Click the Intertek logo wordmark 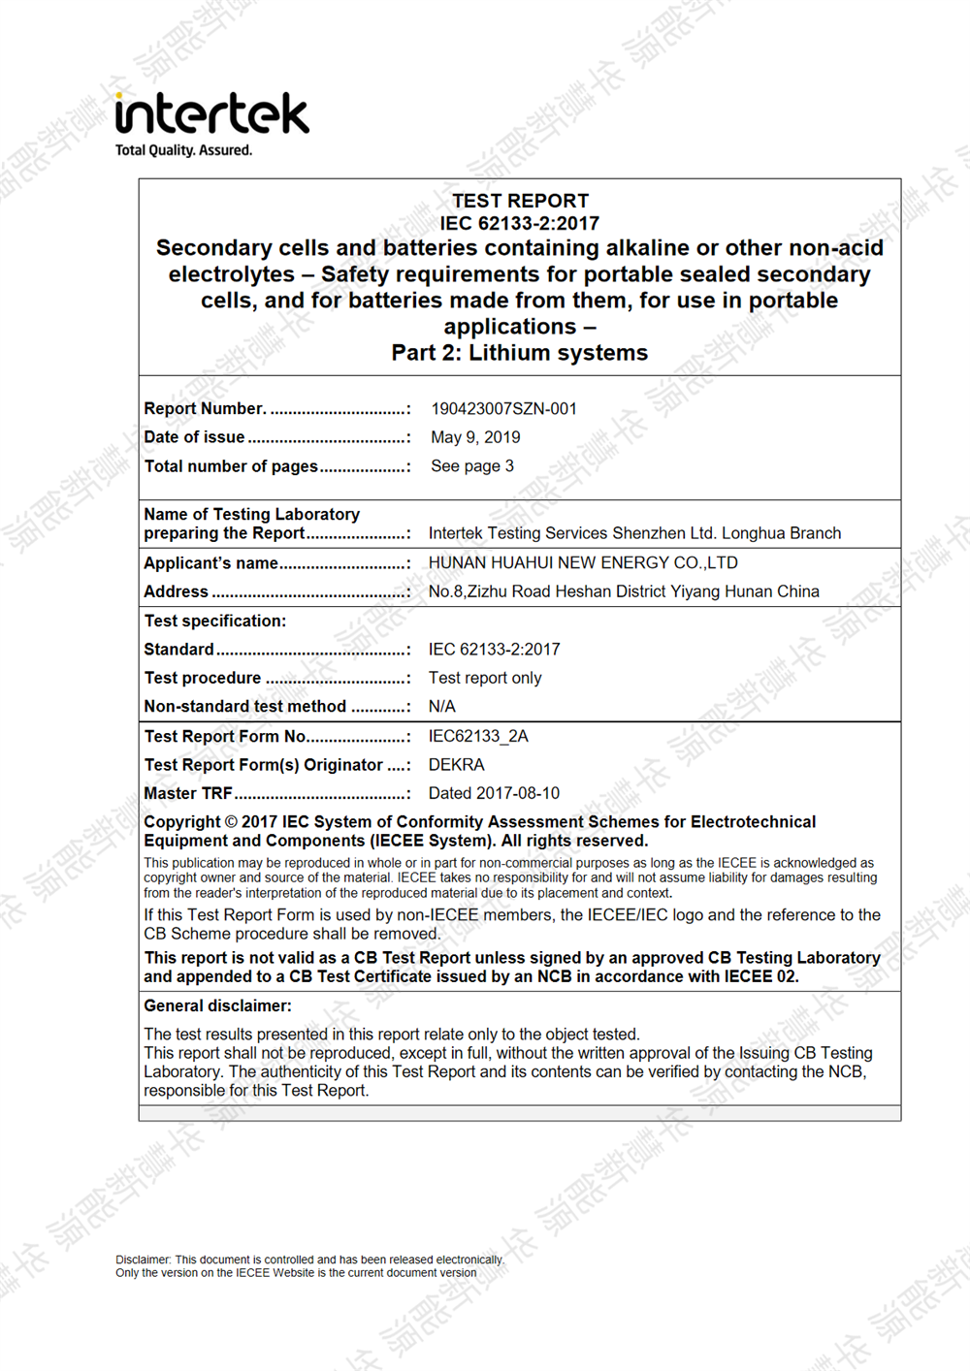pyautogui.click(x=211, y=113)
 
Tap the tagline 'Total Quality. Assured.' pyautogui.click(x=183, y=150)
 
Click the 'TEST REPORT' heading pyautogui.click(x=520, y=201)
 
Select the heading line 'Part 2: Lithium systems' pyautogui.click(x=520, y=353)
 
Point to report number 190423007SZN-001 pyautogui.click(x=503, y=409)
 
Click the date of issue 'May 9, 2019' pyautogui.click(x=475, y=437)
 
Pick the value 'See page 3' pyautogui.click(x=472, y=466)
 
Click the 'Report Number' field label pyautogui.click(x=205, y=409)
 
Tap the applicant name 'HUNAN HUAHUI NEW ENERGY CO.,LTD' pyautogui.click(x=583, y=563)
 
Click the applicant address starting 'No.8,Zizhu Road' pyautogui.click(x=624, y=591)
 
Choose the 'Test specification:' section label pyautogui.click(x=215, y=621)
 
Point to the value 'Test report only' pyautogui.click(x=485, y=678)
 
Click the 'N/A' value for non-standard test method pyautogui.click(x=442, y=707)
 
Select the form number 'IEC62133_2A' pyautogui.click(x=478, y=736)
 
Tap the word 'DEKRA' pyautogui.click(x=457, y=765)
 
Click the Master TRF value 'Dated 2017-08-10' pyautogui.click(x=494, y=793)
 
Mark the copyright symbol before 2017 pyautogui.click(x=231, y=822)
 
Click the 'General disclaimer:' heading pyautogui.click(x=217, y=1005)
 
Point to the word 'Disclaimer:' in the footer pyautogui.click(x=144, y=1259)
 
